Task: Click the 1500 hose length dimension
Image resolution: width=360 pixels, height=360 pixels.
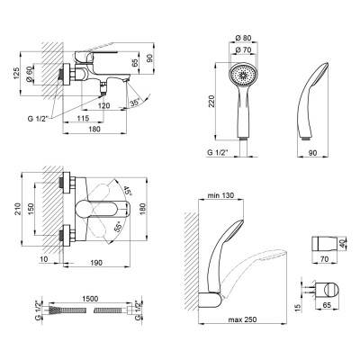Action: coord(90,299)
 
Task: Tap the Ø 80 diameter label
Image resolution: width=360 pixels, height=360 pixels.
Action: coord(243,38)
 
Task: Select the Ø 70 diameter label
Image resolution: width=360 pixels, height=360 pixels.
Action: coord(243,50)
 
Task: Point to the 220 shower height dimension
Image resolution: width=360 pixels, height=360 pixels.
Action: coord(211,101)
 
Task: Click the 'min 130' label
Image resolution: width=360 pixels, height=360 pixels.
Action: coord(220,195)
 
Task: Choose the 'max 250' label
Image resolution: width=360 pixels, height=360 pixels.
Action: coord(242,319)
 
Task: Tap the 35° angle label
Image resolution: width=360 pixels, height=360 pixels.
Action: coord(136,103)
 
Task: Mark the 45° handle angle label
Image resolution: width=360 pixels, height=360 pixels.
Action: coord(127,191)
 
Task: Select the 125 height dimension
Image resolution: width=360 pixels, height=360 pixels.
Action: coord(16,74)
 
